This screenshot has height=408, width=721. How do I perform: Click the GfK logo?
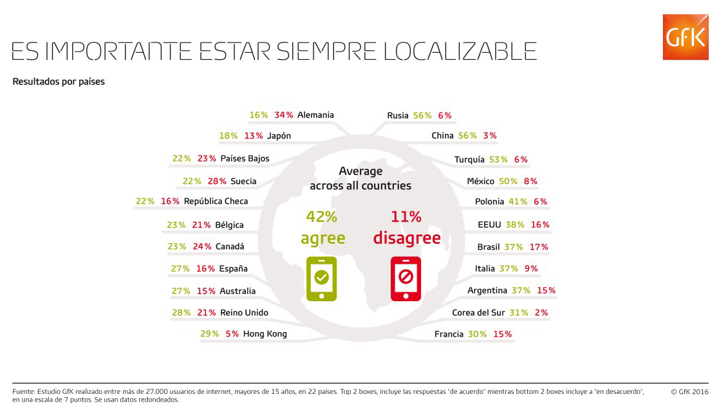[x=685, y=37]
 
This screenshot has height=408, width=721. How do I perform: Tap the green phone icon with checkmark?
[x=321, y=279]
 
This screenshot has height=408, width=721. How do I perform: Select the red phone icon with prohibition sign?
[x=406, y=279]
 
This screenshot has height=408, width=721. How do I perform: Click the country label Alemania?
[x=315, y=115]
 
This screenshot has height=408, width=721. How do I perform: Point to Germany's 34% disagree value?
[x=284, y=115]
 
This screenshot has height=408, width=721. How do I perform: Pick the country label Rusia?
[x=398, y=115]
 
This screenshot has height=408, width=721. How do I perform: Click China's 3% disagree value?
[x=490, y=136]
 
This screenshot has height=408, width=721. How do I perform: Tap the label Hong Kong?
[x=265, y=334]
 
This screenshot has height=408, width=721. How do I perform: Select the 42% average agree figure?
[x=322, y=216]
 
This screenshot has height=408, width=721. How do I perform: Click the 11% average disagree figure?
[x=406, y=216]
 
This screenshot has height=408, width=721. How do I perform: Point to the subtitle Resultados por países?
[x=59, y=81]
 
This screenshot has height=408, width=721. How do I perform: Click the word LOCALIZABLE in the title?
[x=460, y=51]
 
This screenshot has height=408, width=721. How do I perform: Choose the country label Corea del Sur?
[x=478, y=312]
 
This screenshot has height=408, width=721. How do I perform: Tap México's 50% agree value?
[x=508, y=181]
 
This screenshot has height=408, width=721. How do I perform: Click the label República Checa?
[x=216, y=201]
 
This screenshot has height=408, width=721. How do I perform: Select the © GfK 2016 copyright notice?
[x=689, y=392]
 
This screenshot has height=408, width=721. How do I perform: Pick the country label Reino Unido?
[x=244, y=312]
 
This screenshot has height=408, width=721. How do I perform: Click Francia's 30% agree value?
[x=477, y=334]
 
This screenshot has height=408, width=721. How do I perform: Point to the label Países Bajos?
[x=245, y=158]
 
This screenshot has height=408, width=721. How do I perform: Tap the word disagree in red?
[x=407, y=238]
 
